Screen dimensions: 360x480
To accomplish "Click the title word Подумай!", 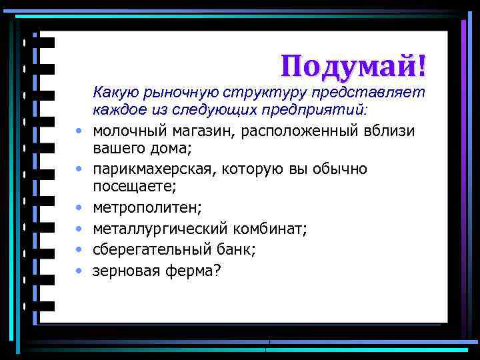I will [x=353, y=65].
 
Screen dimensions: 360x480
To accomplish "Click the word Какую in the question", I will [x=113, y=91].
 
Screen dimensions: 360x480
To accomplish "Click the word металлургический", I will [x=160, y=229].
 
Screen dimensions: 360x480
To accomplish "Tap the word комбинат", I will [x=269, y=229].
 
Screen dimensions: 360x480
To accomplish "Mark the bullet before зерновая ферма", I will [x=78, y=271].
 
